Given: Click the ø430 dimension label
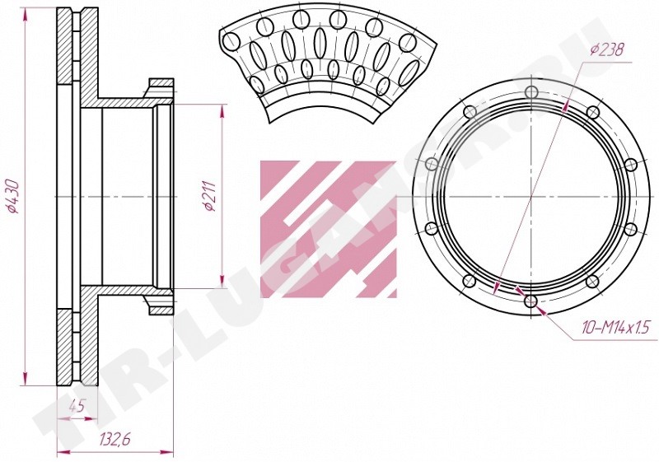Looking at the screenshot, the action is (x=12, y=196).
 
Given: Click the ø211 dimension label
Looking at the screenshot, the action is (x=209, y=196).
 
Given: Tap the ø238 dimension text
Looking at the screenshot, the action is (x=607, y=50).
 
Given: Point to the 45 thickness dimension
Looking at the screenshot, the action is (x=77, y=407).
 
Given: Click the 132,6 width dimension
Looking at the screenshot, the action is (x=115, y=439).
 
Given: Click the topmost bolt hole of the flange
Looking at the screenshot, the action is (x=531, y=92).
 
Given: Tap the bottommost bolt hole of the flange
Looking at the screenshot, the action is (x=531, y=301).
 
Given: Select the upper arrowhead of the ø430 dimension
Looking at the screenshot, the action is (x=26, y=14).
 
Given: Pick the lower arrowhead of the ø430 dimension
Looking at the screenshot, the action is (x=26, y=379).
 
